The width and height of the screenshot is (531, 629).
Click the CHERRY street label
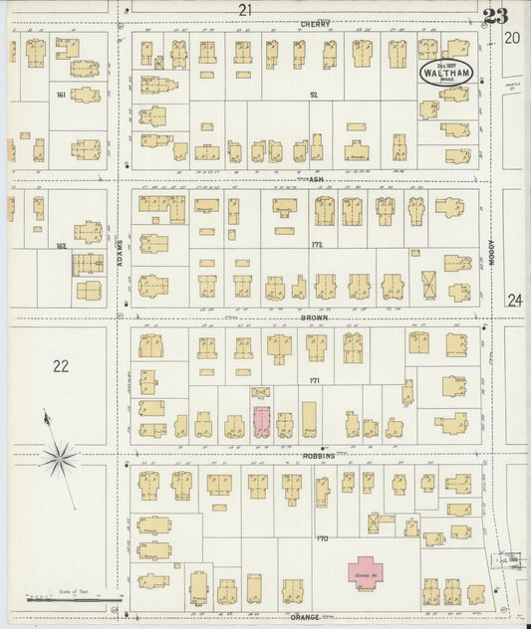pos(315,24)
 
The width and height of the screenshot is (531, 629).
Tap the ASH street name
pos(318,180)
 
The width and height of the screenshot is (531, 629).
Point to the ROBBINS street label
pos(317,455)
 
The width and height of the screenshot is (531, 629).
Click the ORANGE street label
pos(305,617)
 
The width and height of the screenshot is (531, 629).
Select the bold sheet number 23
pos(495,16)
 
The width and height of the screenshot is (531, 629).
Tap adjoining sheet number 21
pos(245,10)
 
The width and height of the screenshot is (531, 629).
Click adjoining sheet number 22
pos(61,366)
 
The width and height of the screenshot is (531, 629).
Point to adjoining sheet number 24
pos(514,300)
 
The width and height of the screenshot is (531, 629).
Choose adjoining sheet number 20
pos(512,38)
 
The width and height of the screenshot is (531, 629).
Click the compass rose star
pos(60,458)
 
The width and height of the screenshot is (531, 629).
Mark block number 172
pos(318,244)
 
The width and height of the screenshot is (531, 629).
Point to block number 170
pos(321,538)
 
